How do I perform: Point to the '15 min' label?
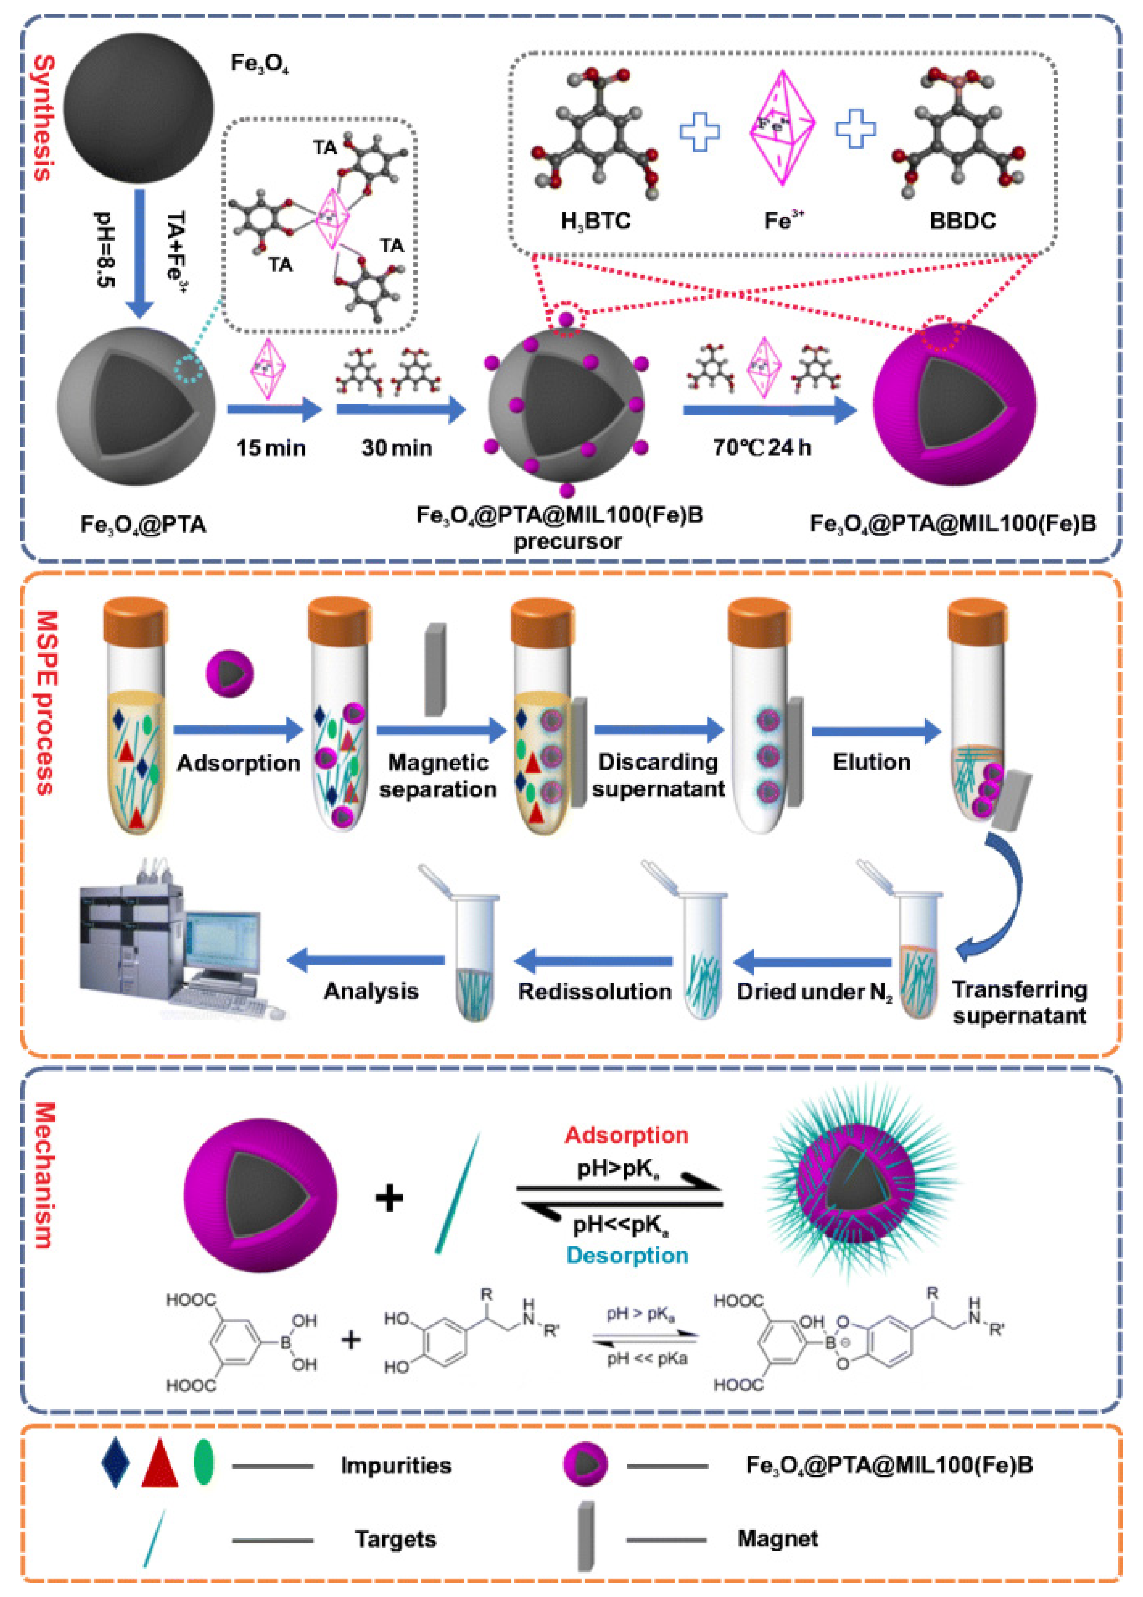click(x=271, y=448)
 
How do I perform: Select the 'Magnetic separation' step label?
click(x=438, y=775)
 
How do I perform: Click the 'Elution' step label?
click(x=871, y=762)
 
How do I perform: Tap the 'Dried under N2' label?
click(x=814, y=991)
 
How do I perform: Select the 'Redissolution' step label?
click(x=595, y=991)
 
